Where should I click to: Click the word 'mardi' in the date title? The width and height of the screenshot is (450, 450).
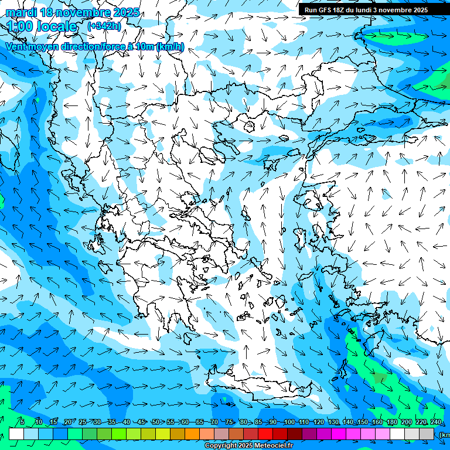(x=21, y=12)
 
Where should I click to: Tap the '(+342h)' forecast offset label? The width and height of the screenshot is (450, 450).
(x=104, y=26)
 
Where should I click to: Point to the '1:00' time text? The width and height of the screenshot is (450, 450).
(x=20, y=26)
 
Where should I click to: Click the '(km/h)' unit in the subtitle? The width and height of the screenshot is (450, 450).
(x=170, y=47)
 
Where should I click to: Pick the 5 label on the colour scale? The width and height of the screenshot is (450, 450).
(x=22, y=422)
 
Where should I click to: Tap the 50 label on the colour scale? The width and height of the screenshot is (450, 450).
(x=156, y=422)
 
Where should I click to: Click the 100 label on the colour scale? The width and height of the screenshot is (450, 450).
(x=289, y=422)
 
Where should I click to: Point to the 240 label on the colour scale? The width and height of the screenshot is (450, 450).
(x=436, y=422)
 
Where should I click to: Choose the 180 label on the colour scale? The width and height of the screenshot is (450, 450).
(x=391, y=422)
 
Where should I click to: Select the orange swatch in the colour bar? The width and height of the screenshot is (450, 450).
(x=192, y=434)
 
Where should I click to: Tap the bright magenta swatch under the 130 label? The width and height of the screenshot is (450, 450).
(x=339, y=434)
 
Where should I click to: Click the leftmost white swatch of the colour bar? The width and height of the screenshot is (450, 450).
(x=16, y=434)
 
